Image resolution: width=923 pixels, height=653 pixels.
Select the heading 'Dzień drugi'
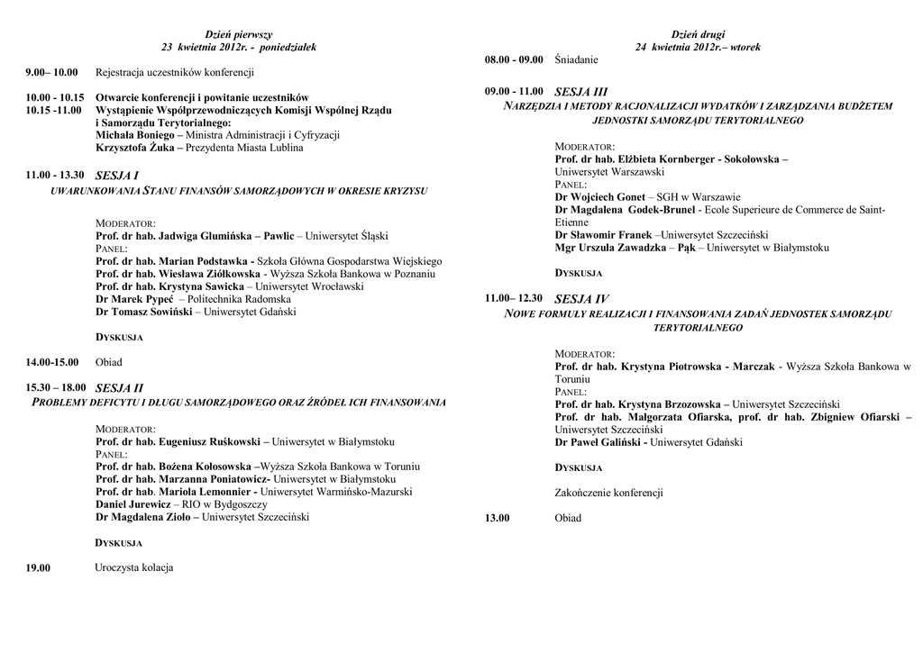point(698,34)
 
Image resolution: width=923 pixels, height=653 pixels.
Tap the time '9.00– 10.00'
point(52,72)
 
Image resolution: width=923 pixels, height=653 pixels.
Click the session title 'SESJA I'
point(116,176)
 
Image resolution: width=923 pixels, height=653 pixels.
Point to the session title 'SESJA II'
point(119,388)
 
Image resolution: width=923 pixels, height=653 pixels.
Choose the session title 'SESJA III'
point(581,92)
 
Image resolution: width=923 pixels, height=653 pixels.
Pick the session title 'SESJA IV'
point(581,298)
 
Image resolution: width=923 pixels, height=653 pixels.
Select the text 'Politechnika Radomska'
point(239,299)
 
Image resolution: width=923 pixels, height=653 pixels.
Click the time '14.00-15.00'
point(53,362)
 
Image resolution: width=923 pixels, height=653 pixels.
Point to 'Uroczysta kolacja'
point(134,567)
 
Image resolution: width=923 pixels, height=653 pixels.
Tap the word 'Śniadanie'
point(577,59)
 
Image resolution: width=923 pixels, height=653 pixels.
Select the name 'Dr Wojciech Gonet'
point(600,196)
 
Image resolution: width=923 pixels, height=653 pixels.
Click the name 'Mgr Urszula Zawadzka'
point(612,248)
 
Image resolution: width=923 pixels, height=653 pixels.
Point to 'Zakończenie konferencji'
point(609,493)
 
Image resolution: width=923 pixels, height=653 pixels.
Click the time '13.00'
point(498,518)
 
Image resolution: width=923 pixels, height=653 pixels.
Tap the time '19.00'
point(38,567)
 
